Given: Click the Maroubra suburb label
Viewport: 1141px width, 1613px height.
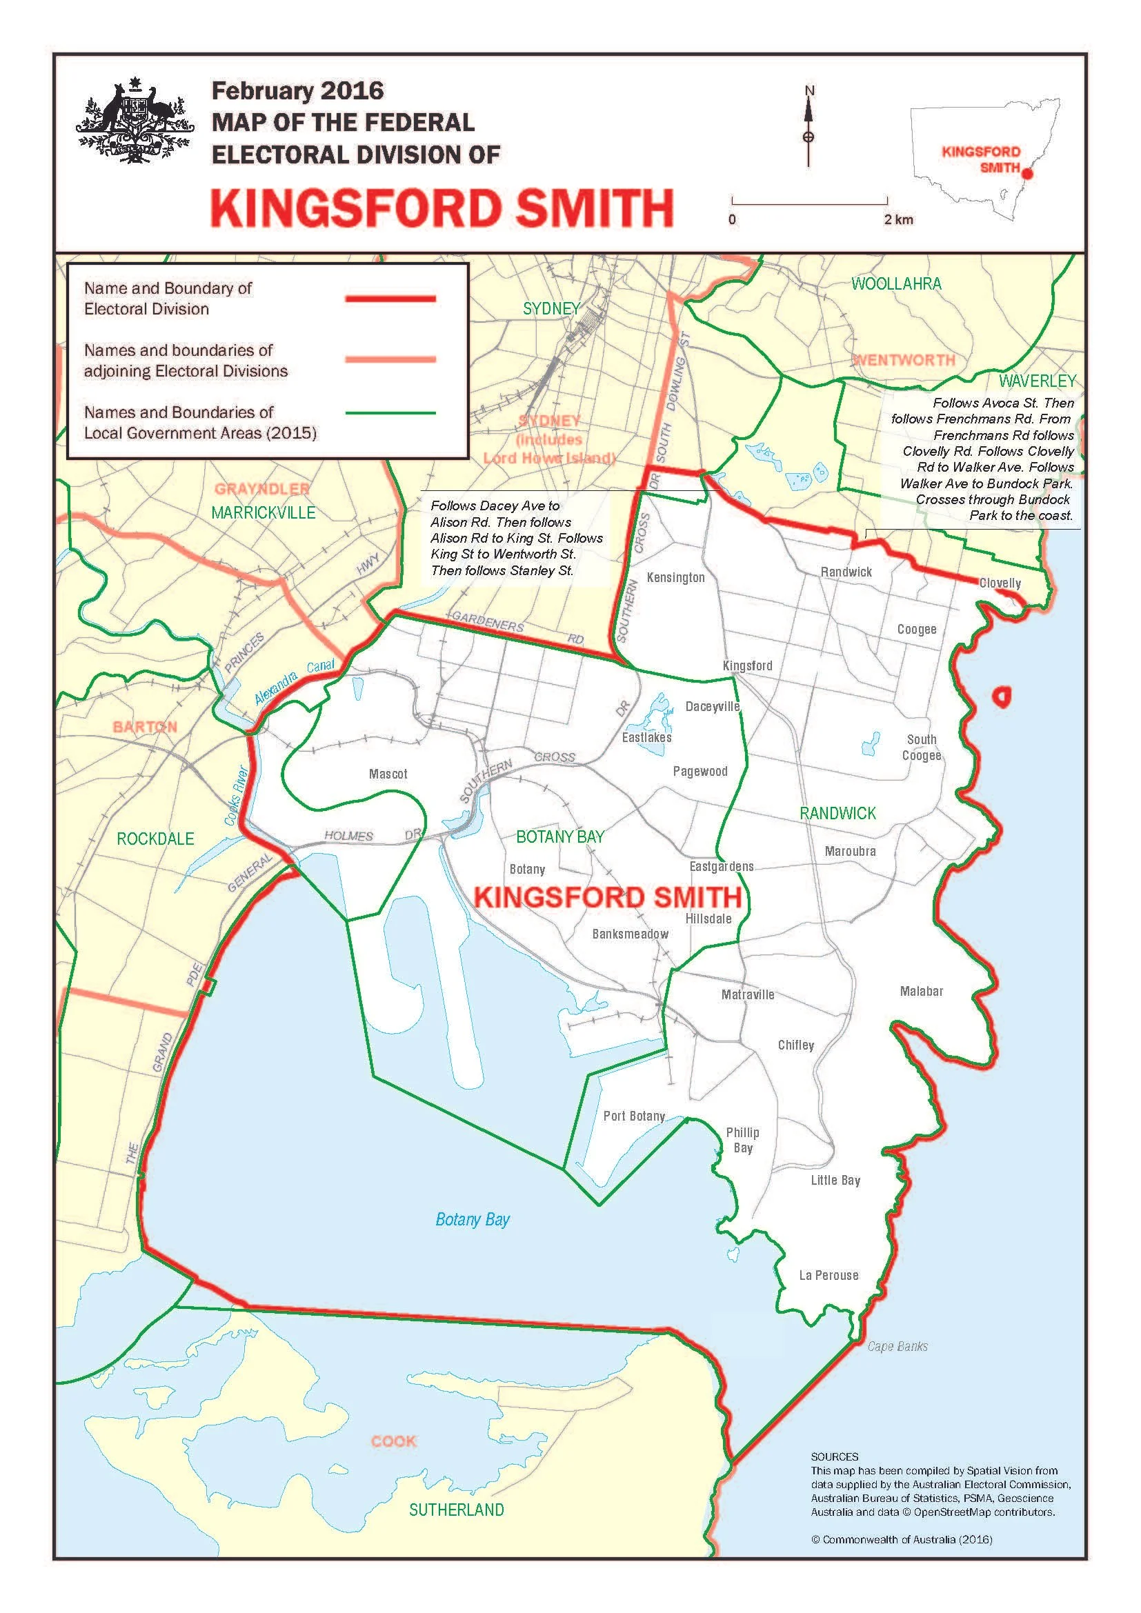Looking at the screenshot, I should [x=850, y=851].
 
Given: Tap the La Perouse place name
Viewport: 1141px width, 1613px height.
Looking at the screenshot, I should [x=829, y=1275].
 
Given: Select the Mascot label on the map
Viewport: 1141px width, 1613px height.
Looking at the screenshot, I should [x=388, y=774].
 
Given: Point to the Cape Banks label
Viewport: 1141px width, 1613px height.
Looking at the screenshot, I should [x=897, y=1346].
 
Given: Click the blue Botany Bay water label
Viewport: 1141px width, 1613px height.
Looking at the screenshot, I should [x=472, y=1219].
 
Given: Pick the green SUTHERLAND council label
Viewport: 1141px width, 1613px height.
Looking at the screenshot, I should [x=456, y=1509].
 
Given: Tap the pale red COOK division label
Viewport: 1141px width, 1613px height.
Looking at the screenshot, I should [x=393, y=1441].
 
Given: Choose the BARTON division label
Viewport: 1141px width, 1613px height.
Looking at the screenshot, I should [x=145, y=725].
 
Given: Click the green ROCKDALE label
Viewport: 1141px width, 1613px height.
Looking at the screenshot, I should [x=155, y=838].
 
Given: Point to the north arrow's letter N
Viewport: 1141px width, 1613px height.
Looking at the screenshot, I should [x=809, y=90].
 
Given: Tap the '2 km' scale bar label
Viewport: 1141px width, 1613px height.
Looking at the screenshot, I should [x=899, y=219].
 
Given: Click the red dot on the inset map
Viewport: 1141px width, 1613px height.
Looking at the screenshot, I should [x=1027, y=173].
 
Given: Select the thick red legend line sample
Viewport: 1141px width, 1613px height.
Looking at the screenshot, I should [x=390, y=299].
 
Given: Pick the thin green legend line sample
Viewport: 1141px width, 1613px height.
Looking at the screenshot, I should [x=390, y=413].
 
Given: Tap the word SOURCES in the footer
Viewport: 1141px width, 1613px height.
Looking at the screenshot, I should [x=835, y=1456].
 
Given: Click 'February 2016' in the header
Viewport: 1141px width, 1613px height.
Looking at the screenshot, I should [x=298, y=90].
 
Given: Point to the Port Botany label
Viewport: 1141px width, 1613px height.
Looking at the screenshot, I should [x=634, y=1116].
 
